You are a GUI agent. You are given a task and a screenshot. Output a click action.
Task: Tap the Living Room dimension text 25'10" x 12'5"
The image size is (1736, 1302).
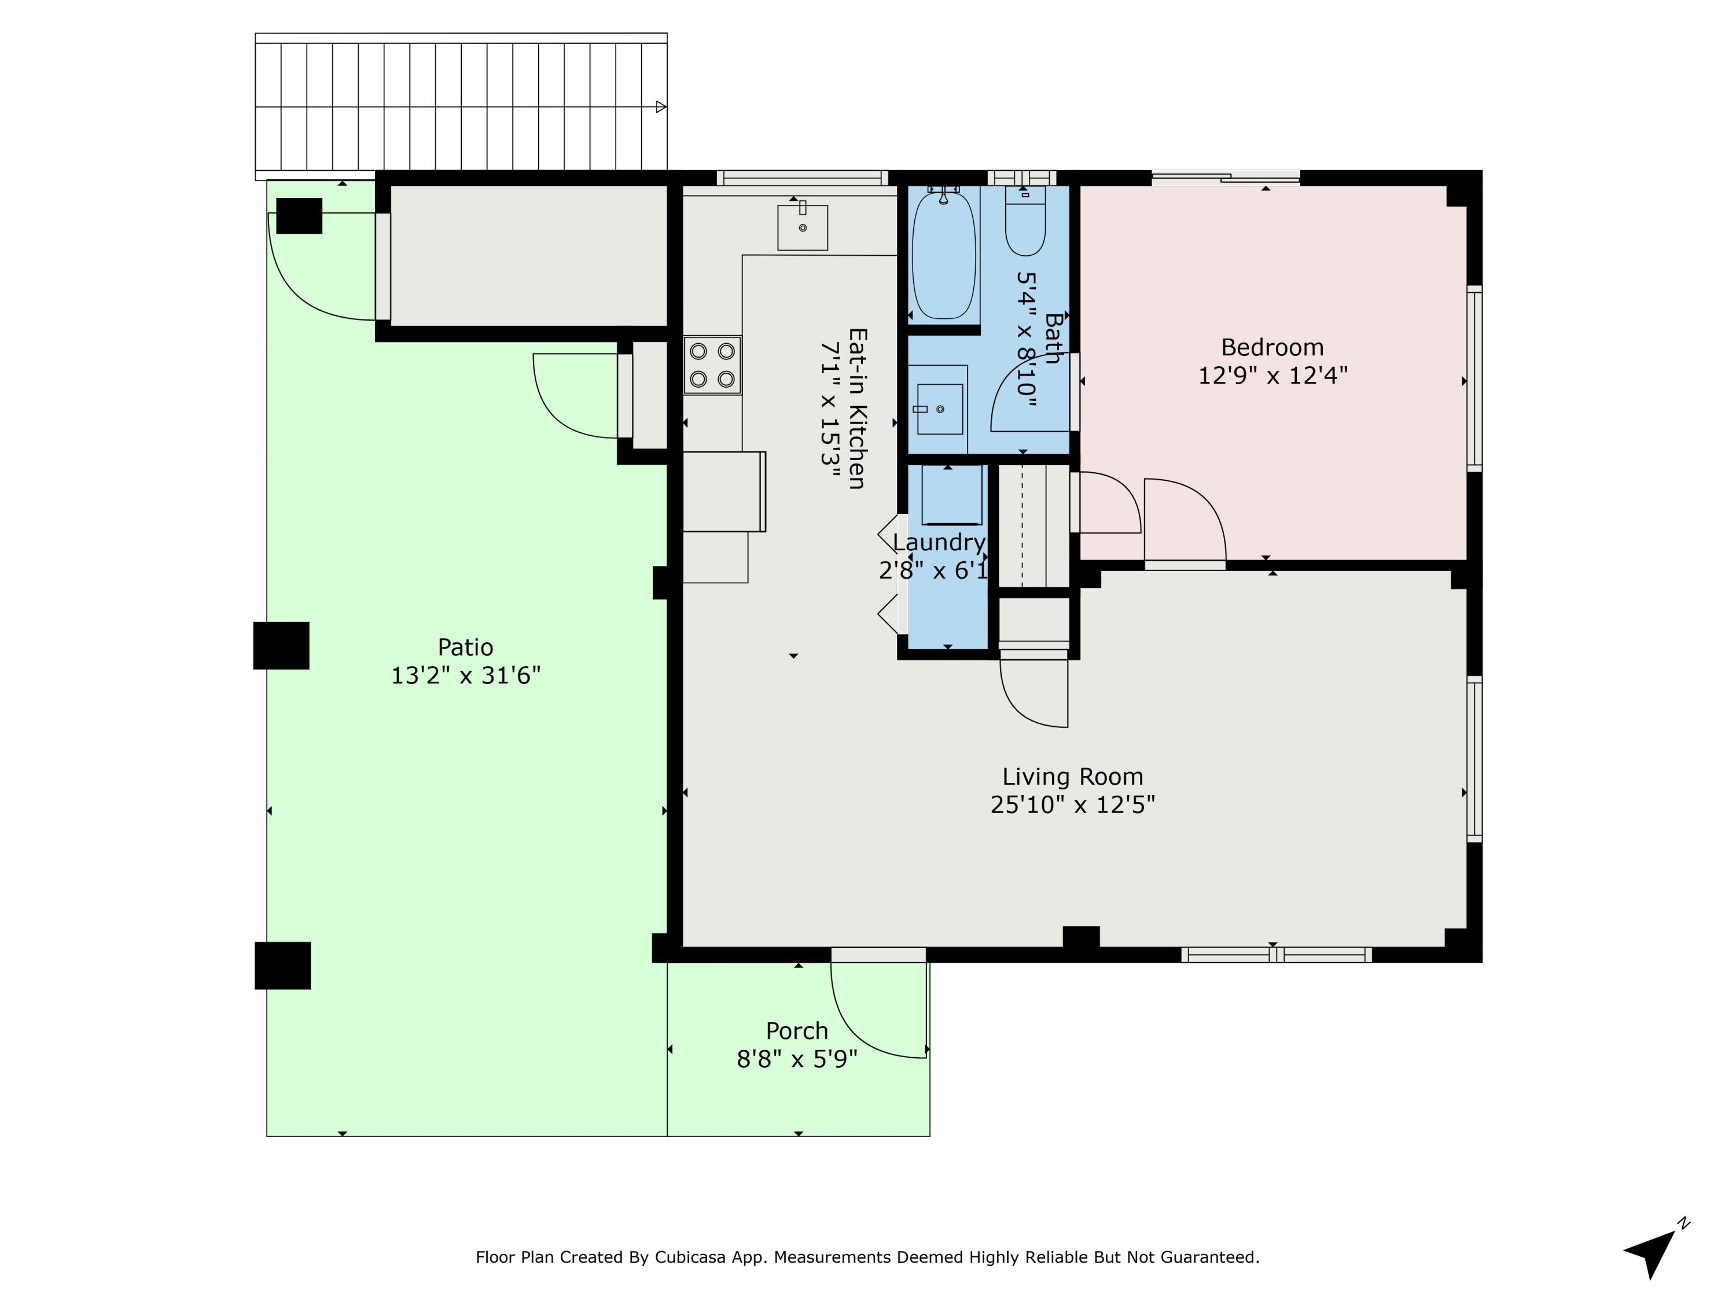[x=1073, y=804]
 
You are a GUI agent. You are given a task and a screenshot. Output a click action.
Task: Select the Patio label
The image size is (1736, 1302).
[x=465, y=647]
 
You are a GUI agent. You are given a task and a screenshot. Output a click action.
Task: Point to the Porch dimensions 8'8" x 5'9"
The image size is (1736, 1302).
[x=797, y=1060]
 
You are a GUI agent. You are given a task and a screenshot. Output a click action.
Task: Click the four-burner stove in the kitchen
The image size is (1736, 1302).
[x=712, y=365]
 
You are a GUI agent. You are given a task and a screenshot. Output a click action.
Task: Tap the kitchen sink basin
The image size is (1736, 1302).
[x=802, y=227]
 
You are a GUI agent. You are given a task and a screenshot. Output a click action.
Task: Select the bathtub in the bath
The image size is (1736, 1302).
[x=944, y=255]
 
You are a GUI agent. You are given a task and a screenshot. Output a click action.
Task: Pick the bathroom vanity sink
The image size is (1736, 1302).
[x=940, y=409]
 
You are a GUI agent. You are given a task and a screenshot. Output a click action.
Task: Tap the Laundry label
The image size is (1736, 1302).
[x=939, y=542]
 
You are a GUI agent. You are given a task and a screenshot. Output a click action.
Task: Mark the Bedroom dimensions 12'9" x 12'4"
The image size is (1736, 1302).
[x=1272, y=375]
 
